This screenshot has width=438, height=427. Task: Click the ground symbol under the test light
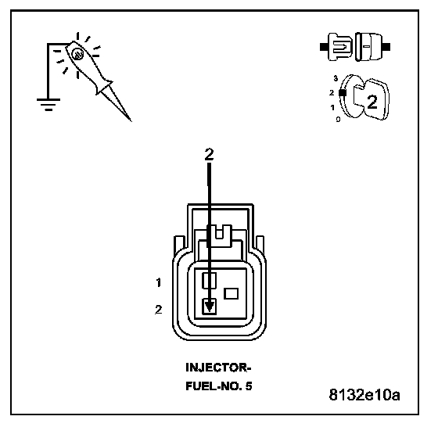48,105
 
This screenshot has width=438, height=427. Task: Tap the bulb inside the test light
77,54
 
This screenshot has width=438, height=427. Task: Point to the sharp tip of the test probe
131,120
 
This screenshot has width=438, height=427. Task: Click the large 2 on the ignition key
372,102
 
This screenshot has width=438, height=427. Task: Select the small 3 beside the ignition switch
336,78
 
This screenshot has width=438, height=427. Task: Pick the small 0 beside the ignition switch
338,119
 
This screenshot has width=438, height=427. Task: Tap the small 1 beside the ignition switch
332,107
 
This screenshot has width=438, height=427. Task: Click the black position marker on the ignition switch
343,93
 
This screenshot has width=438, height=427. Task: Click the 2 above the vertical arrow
209,154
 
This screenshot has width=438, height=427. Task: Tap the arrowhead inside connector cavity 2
209,307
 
